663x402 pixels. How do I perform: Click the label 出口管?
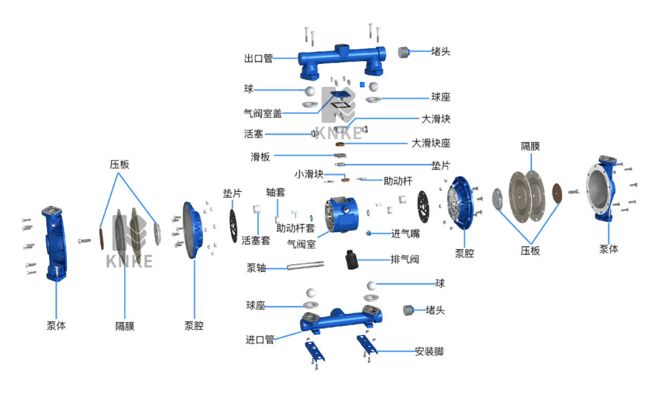click(258, 59)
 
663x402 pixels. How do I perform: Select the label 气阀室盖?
click(263, 113)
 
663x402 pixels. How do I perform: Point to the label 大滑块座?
click(431, 143)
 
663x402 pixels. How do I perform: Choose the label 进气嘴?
click(405, 233)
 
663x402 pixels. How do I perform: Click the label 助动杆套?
click(295, 228)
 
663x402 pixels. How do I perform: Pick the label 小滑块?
click(309, 173)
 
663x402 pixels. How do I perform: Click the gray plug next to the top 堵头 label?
click(404, 51)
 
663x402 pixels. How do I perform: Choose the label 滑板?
click(259, 156)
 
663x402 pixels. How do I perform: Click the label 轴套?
click(275, 192)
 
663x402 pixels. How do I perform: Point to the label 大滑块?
click(436, 119)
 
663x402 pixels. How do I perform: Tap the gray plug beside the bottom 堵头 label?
click(410, 310)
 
